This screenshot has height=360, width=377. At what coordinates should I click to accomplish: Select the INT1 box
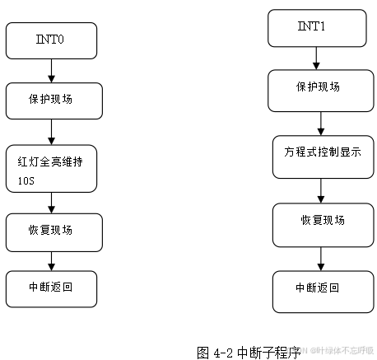pos(317,28)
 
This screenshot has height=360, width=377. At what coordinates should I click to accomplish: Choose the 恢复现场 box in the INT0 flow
pos(54,231)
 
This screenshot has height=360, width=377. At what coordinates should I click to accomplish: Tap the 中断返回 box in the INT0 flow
pos(51,288)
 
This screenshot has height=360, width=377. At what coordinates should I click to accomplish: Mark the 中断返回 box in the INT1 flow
pos(319,289)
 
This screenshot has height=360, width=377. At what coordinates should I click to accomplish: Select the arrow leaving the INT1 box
pos(317,58)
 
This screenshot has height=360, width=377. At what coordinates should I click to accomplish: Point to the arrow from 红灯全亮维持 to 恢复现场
pos(52,203)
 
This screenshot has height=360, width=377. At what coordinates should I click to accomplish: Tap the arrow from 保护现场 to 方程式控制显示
pos(318,120)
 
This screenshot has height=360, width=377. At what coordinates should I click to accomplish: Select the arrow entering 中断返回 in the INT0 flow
pos(51,260)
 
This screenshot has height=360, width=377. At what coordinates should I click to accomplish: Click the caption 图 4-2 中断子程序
pos(248,352)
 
